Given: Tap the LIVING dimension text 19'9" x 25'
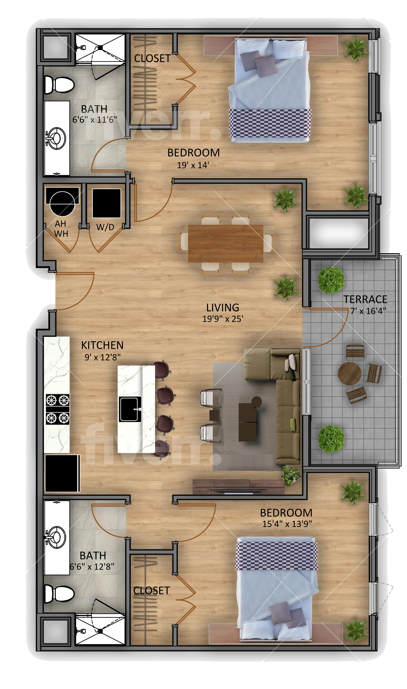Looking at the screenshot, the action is click(x=223, y=319).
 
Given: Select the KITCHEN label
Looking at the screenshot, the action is click(x=102, y=345).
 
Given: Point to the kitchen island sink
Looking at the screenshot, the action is click(x=130, y=409).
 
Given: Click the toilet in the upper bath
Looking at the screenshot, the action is click(x=59, y=85).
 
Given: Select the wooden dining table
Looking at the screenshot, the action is click(x=226, y=243).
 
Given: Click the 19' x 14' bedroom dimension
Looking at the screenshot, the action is click(x=193, y=165).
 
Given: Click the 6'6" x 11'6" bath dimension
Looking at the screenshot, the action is click(x=95, y=120).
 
